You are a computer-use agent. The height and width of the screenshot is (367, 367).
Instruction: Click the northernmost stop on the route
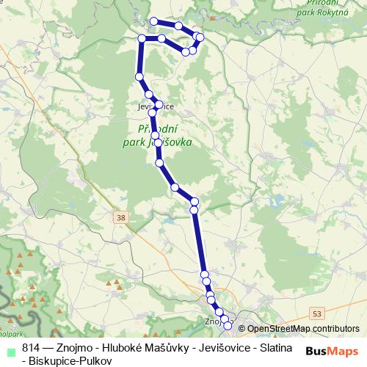[154, 21]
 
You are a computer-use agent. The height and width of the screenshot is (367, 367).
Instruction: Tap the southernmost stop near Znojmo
[228, 325]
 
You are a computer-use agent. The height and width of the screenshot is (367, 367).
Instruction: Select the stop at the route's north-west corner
[142, 37]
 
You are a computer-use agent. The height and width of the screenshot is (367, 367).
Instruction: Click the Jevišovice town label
[155, 106]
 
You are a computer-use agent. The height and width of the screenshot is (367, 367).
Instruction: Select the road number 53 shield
[317, 313]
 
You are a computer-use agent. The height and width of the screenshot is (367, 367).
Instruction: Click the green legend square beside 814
[10, 346]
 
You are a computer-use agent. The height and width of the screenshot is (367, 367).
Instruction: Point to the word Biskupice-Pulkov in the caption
[72, 360]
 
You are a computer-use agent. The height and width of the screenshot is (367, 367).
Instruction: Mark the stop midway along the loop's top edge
[178, 26]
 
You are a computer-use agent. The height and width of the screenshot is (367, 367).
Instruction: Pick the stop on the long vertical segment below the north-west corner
[139, 76]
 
